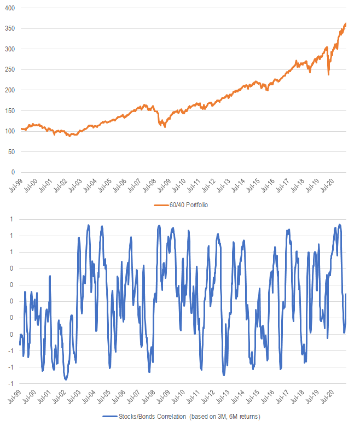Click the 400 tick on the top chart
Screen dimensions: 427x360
tap(9, 8)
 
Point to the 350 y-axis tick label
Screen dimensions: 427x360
tap(9, 28)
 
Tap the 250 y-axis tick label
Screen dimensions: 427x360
tap(9, 69)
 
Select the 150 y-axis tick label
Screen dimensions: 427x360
tap(9, 110)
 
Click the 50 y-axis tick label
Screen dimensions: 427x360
tap(11, 151)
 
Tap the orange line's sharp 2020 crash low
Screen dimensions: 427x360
tap(328, 74)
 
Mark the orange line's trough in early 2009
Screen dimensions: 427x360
tap(165, 127)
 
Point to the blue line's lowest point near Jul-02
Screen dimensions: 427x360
tap(66, 379)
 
